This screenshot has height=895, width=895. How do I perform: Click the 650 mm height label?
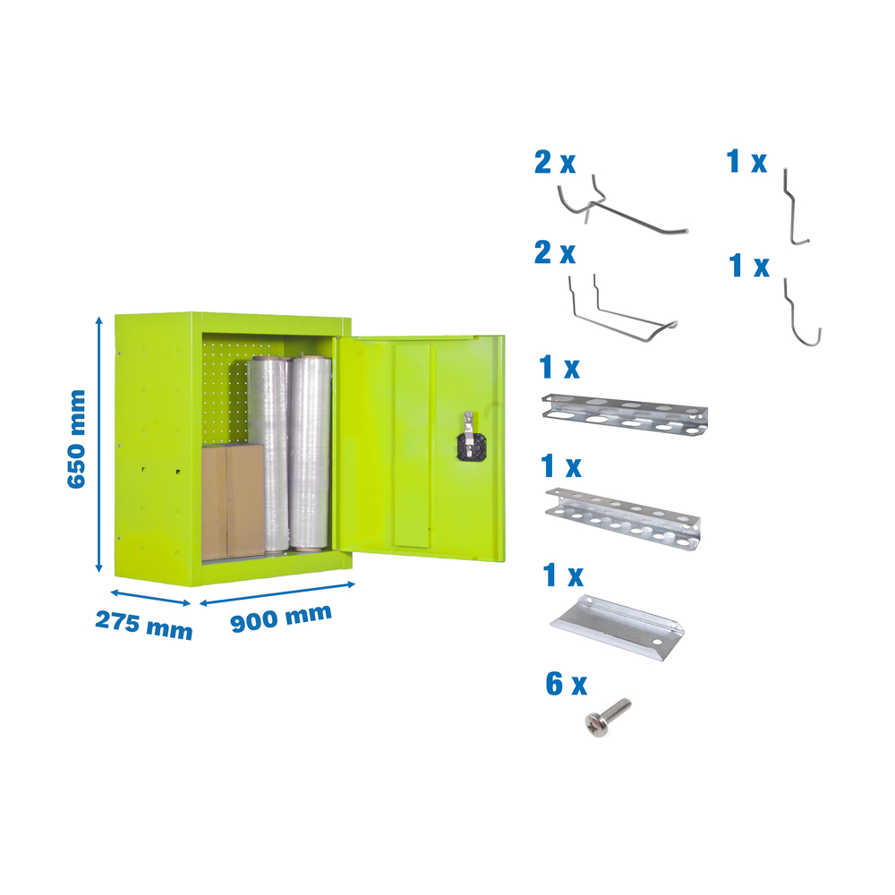pos(76,439)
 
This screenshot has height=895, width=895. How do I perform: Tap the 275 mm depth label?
pos(143,625)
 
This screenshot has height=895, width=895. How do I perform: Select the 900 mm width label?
pos(281,618)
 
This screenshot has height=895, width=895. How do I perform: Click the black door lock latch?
pos(471,440)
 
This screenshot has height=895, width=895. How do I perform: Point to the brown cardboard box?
pos(233,502)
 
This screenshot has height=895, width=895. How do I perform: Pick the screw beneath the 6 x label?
pos(608,716)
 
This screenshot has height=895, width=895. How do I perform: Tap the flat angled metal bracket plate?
pos(618,628)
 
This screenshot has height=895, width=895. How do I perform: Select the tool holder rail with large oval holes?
pos(625,415)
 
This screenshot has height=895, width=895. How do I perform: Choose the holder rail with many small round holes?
pos(623,518)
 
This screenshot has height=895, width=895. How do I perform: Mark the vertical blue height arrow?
pos(98,444)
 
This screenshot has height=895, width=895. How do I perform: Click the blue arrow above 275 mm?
pos(150,598)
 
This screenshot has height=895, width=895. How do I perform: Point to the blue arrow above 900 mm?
pos(277,593)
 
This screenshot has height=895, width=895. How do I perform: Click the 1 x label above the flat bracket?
pos(563,575)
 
